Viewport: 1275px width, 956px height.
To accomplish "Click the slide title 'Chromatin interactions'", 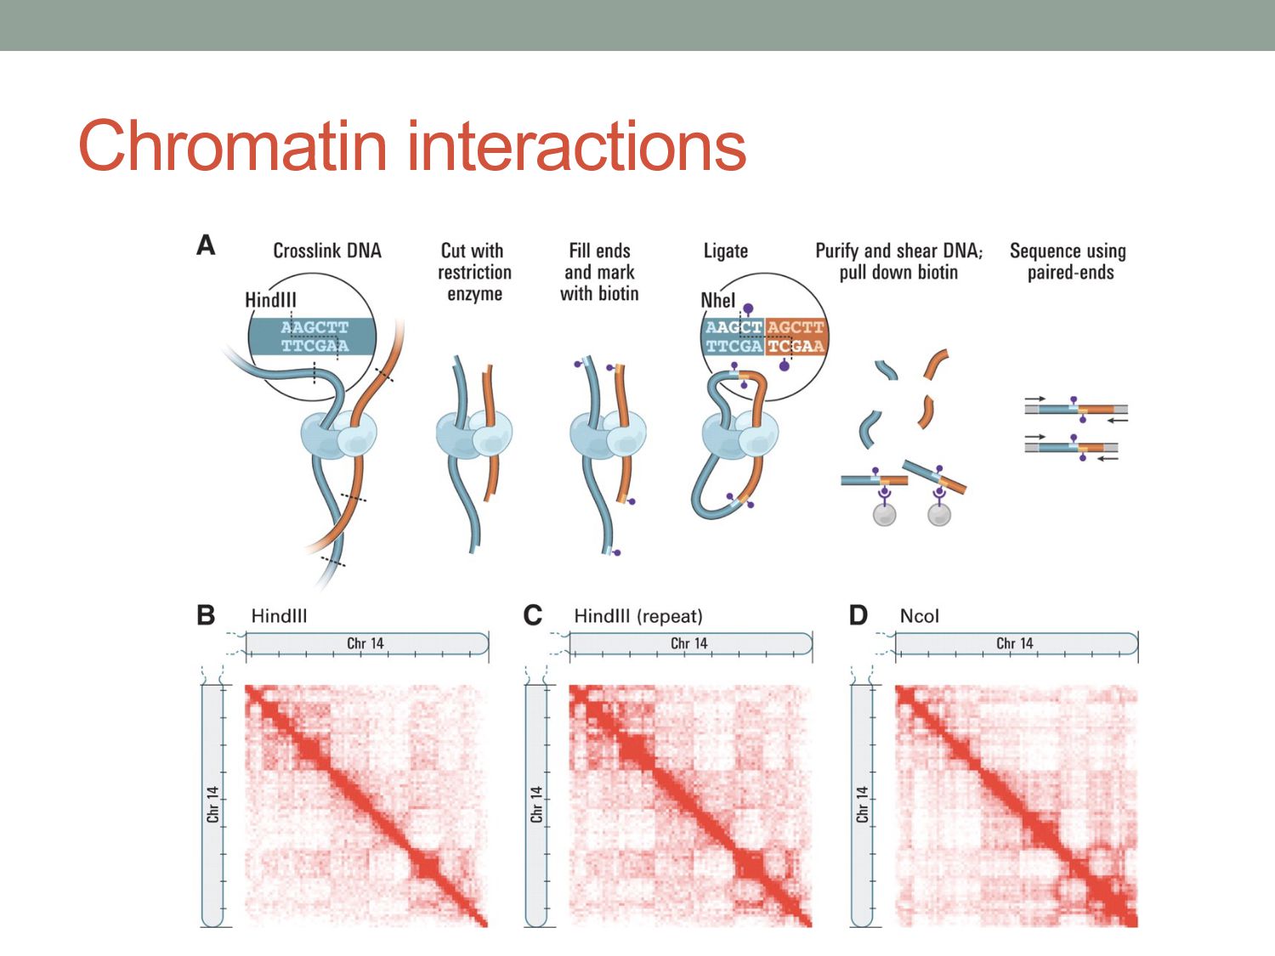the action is coord(412,145).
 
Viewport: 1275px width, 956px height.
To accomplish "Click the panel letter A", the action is coord(206,246).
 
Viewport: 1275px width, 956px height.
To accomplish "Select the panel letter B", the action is coord(206,614).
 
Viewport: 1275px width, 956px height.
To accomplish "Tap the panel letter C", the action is coord(533,614).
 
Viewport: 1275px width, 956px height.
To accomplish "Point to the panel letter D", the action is coord(858,614).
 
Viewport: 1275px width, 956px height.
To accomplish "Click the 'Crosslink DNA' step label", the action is coord(327,251).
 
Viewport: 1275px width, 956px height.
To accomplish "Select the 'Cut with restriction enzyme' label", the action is coord(473,272).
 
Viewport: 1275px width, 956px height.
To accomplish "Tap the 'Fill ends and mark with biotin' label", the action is coord(599,272).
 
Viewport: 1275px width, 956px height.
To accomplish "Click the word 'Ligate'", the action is coord(726,251).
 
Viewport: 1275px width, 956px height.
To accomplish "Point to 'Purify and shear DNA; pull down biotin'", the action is coord(898,262).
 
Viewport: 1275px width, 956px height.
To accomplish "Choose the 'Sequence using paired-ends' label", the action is coord(1068,262).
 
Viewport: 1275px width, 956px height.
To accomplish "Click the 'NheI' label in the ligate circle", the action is coord(718,300).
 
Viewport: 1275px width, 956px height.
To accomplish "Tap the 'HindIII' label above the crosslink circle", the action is coord(270,300).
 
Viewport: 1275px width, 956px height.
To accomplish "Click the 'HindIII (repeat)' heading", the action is coord(638,616).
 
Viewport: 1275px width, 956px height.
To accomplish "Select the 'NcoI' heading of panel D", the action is coord(919,616).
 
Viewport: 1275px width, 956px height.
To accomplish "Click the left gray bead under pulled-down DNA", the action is coord(885,514).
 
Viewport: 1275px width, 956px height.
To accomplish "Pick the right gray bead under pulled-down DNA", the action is coord(939,514).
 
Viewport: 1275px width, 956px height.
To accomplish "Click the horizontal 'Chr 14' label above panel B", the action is coord(365,643).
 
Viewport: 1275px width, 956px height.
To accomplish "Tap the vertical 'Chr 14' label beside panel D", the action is coord(862,804).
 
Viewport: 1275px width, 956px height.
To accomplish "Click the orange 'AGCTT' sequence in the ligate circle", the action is coord(796,327).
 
